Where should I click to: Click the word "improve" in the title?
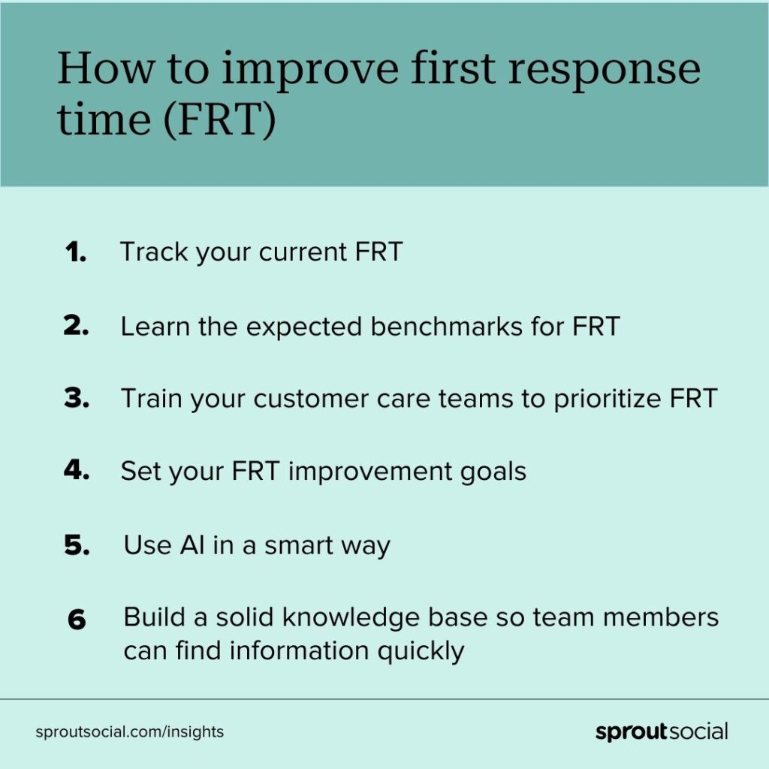tap(310, 71)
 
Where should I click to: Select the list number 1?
tap(75, 252)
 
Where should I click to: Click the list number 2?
tap(76, 325)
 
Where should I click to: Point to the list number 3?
tap(76, 398)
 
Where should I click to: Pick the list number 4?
tap(76, 470)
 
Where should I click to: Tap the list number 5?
tap(77, 545)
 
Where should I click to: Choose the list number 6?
tap(77, 619)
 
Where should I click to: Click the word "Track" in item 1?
tap(154, 252)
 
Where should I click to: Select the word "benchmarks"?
tap(446, 326)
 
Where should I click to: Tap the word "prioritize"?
tap(607, 398)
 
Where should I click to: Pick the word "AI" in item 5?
tap(192, 545)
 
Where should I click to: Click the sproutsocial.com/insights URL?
tap(129, 731)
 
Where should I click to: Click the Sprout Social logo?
tap(662, 731)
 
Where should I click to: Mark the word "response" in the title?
tap(605, 71)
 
